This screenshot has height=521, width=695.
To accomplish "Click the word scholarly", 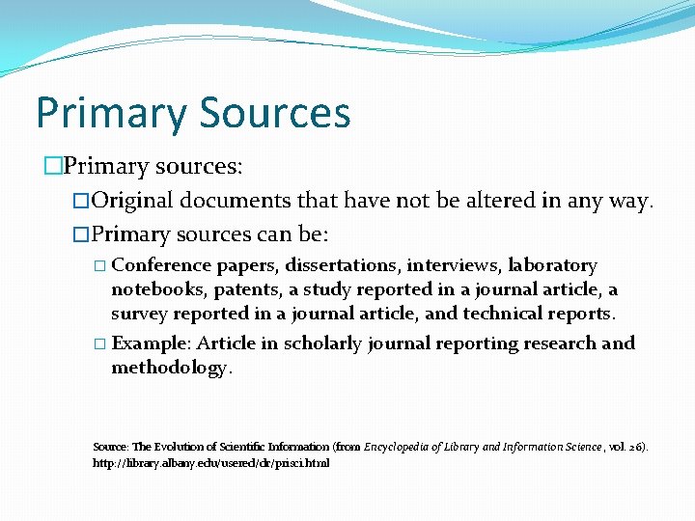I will tap(318, 343).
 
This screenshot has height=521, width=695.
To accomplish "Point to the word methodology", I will tap(170, 368).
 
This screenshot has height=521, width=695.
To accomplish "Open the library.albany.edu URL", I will tap(210, 463).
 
